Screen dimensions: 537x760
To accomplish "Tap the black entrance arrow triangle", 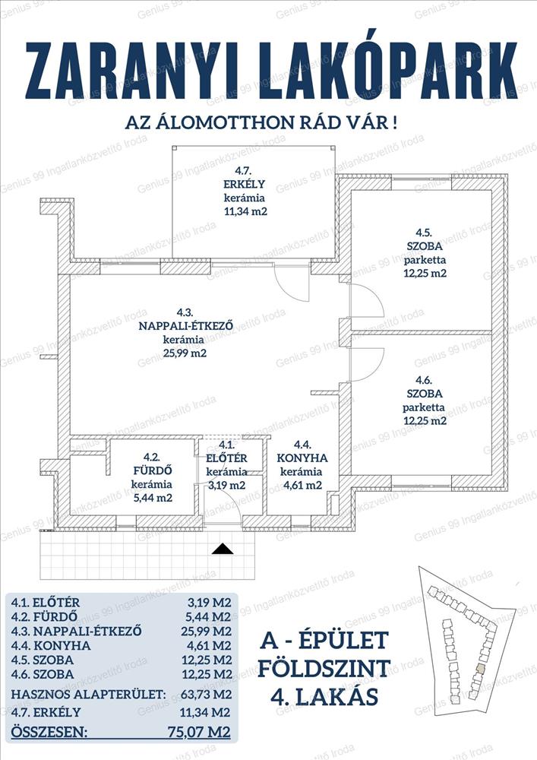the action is pyautogui.click(x=223, y=549).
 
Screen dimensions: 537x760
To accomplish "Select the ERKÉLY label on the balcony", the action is pyautogui.click(x=244, y=184).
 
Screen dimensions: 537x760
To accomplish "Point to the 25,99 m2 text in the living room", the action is pyautogui.click(x=185, y=353).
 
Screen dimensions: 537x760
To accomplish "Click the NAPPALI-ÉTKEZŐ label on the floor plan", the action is pyautogui.click(x=185, y=326).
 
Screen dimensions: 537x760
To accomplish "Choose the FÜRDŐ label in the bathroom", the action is pyautogui.click(x=153, y=470).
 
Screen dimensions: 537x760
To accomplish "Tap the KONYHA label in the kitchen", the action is pyautogui.click(x=302, y=458).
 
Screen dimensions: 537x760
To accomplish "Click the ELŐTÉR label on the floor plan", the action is pyautogui.click(x=226, y=458).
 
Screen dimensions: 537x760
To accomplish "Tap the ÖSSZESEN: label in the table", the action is pyautogui.click(x=49, y=731).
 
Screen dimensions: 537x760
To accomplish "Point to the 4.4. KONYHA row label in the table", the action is pyautogui.click(x=51, y=645).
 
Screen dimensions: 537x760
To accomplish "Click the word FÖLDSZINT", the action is pyautogui.click(x=324, y=669).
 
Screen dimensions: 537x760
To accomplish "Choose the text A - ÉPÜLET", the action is pyautogui.click(x=324, y=640).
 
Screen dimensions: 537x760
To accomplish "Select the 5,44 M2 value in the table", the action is pyautogui.click(x=209, y=617).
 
